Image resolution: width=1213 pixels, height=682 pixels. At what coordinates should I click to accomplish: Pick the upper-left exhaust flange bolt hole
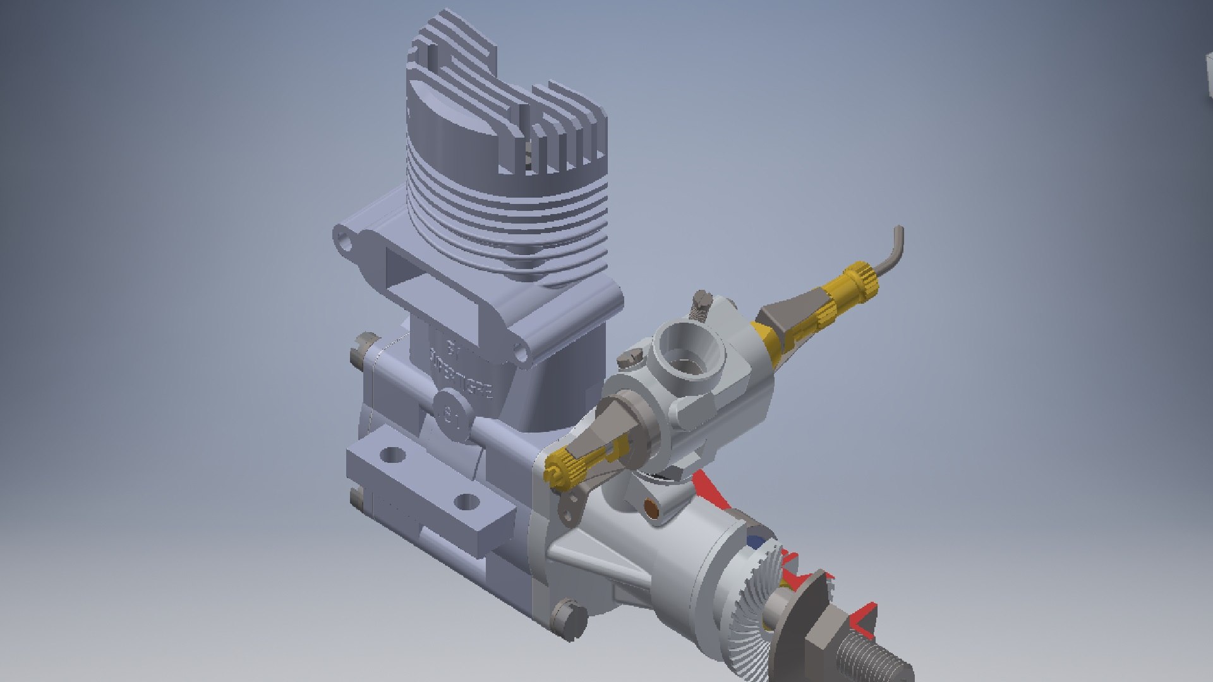click(x=344, y=238)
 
